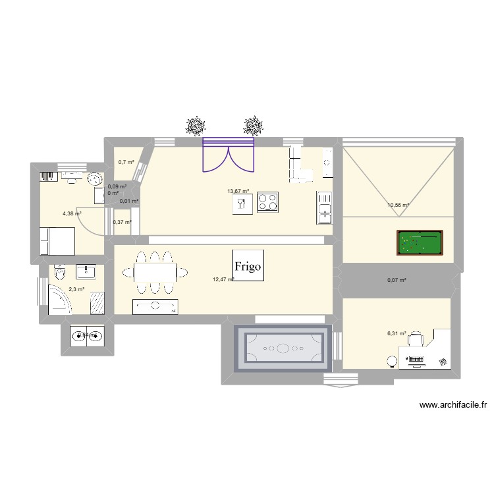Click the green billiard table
pyautogui.click(x=420, y=242)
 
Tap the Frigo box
pyautogui.click(x=248, y=266)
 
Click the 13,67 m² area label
pyautogui.click(x=238, y=192)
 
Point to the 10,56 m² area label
pyautogui.click(x=398, y=205)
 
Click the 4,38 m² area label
pyautogui.click(x=72, y=213)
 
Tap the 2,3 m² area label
pyautogui.click(x=77, y=289)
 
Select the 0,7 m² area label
pyautogui.click(x=126, y=162)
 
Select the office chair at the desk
pyautogui.click(x=416, y=340)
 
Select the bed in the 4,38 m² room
pyautogui.click(x=56, y=240)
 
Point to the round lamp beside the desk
pyautogui.click(x=392, y=361)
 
